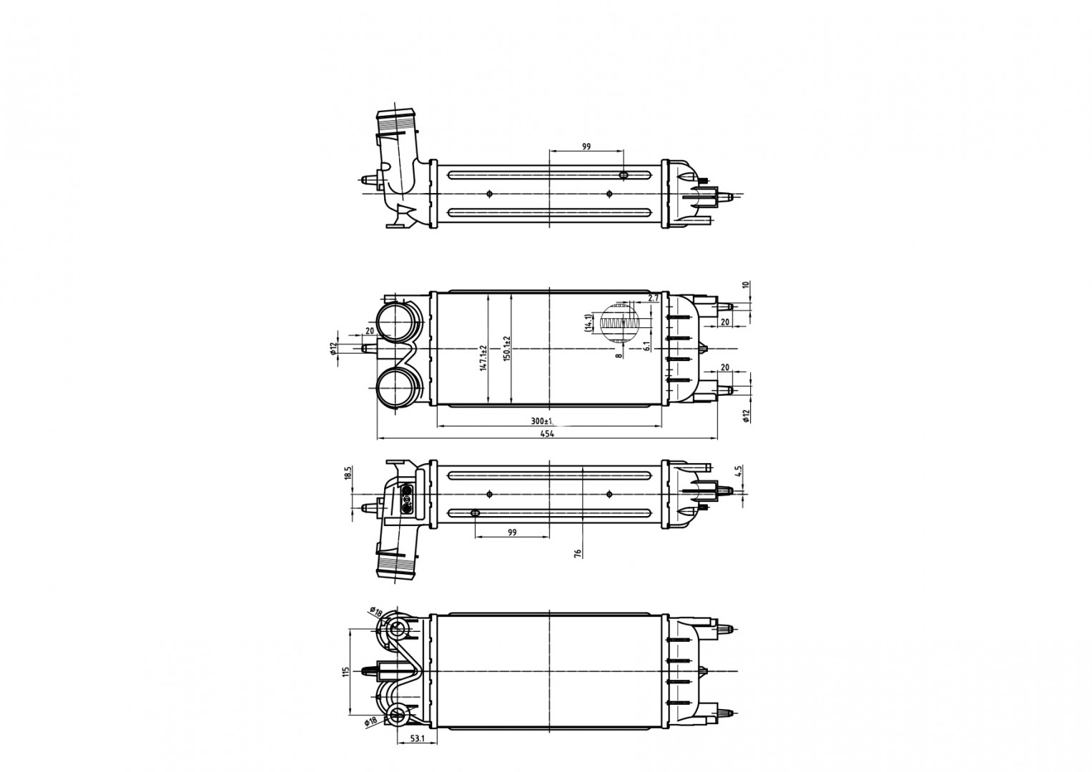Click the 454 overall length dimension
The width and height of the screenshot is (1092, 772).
tap(548, 434)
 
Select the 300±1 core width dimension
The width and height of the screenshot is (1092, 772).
tap(548, 420)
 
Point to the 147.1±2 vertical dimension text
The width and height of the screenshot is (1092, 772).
tap(483, 358)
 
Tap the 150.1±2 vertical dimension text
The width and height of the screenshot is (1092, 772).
tap(507, 348)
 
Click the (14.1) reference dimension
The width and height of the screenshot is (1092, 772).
tap(588, 323)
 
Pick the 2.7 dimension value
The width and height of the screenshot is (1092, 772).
tap(653, 298)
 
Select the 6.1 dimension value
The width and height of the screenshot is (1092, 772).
tap(646, 346)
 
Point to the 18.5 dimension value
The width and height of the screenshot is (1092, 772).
tap(348, 474)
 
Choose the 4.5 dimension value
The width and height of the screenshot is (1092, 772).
tap(739, 471)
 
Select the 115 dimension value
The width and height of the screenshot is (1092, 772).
tap(345, 671)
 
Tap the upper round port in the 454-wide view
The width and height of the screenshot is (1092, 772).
tap(395, 322)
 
